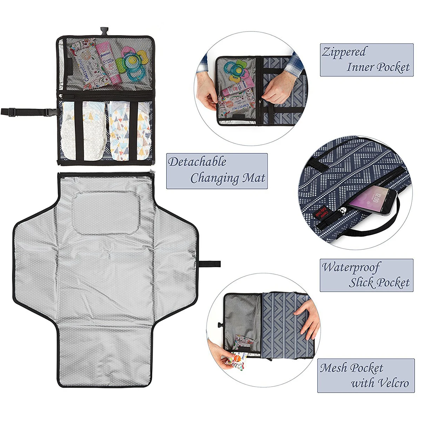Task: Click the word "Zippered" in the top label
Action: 344,53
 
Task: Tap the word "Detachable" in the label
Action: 197,162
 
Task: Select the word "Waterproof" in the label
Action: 351,267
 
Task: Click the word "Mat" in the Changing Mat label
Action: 253,178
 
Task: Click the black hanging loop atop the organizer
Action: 103,31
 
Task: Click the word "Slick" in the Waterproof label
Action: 362,282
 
